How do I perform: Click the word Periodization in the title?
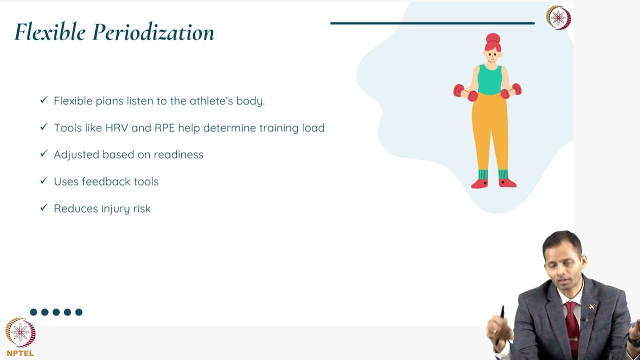click(x=153, y=33)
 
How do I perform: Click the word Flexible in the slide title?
click(x=50, y=32)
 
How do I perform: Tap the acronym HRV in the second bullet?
click(x=116, y=128)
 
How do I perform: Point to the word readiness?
click(x=178, y=155)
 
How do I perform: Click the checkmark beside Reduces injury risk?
click(x=43, y=208)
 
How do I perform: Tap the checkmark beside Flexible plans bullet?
click(x=43, y=100)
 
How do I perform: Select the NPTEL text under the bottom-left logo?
click(x=20, y=353)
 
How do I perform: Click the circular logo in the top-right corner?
click(x=558, y=17)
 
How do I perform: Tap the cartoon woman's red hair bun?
click(x=493, y=38)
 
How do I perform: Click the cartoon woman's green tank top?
click(x=489, y=80)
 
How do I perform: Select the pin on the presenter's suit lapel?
click(x=592, y=306)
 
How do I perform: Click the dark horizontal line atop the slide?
click(x=432, y=23)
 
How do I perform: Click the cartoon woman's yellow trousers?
click(x=490, y=130)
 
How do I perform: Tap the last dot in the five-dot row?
click(x=78, y=312)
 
